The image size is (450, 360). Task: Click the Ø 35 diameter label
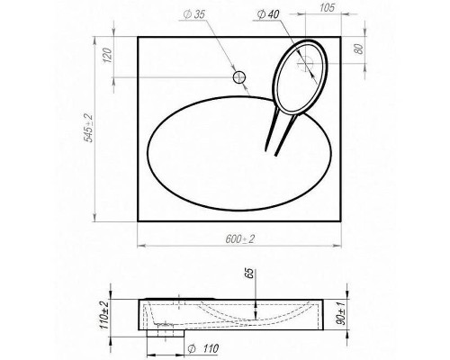click(x=194, y=14)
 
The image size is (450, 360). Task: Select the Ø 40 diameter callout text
click(x=268, y=14)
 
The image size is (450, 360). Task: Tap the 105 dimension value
click(x=327, y=8)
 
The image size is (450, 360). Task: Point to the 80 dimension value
click(x=358, y=49)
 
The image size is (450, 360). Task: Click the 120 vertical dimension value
click(x=107, y=55)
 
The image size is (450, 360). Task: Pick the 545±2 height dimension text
click(x=88, y=128)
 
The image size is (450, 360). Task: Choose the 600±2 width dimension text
click(x=240, y=239)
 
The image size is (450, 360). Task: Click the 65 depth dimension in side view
click(x=250, y=274)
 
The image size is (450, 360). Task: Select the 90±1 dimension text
click(x=341, y=313)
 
